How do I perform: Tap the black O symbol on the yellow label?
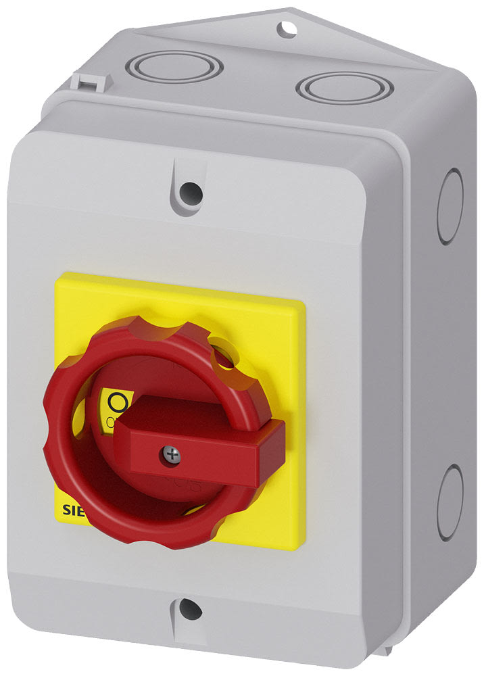coord(118,403)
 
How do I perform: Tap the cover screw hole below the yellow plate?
coord(190,610)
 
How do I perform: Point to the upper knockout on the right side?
coord(451,207)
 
